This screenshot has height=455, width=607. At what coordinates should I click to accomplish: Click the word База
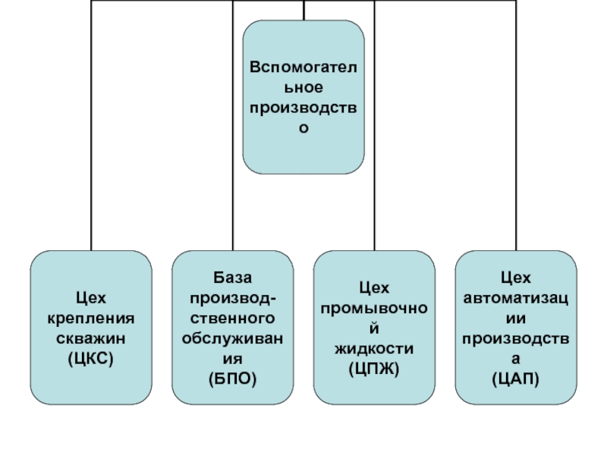tap(232, 279)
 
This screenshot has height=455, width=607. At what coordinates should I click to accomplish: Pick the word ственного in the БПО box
tap(232, 317)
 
